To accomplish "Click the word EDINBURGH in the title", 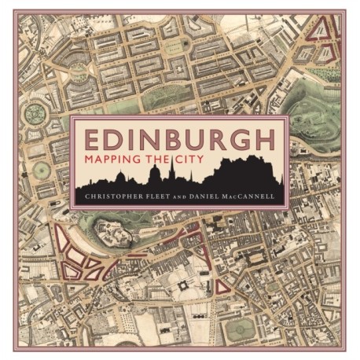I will pyautogui.click(x=179, y=141).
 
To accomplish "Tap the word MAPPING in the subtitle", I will pyautogui.click(x=112, y=160).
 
